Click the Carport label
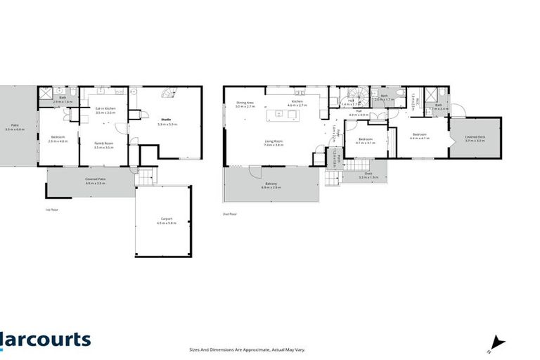[167, 221]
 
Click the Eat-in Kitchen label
[105, 110]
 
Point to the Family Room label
[104, 145]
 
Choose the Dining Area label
[245, 105]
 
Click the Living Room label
[274, 143]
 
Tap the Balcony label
[271, 186]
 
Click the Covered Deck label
[476, 139]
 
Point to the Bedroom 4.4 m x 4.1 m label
[419, 136]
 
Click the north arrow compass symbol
[497, 343]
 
